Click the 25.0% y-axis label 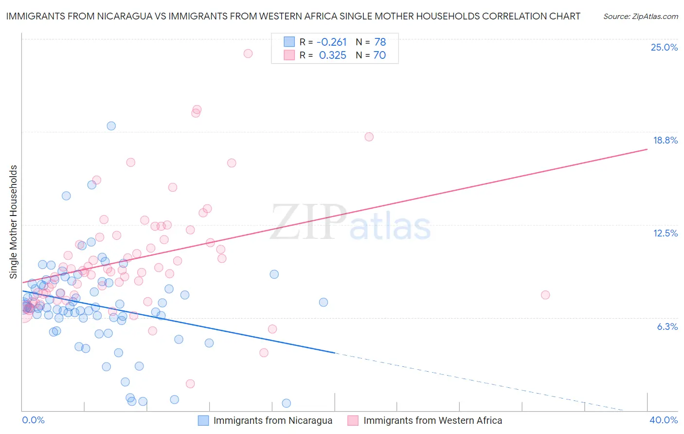click(x=664, y=47)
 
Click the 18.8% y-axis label click(x=665, y=140)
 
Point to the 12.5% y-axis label click(x=665, y=233)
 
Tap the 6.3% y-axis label click(x=667, y=326)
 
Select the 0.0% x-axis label click(x=33, y=420)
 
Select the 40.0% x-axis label click(x=663, y=420)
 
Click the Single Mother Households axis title click(x=13, y=222)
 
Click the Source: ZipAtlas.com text click(x=640, y=16)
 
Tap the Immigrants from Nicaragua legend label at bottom click(x=272, y=420)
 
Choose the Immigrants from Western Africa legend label click(x=432, y=420)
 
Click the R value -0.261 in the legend click(x=331, y=42)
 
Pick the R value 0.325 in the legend click(x=332, y=55)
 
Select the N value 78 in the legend click(x=380, y=42)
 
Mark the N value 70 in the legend click(x=379, y=55)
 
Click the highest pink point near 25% click(x=248, y=54)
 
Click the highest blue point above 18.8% click(x=111, y=126)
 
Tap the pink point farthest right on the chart click(x=545, y=295)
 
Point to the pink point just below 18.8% click(x=369, y=137)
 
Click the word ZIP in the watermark click(x=308, y=222)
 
